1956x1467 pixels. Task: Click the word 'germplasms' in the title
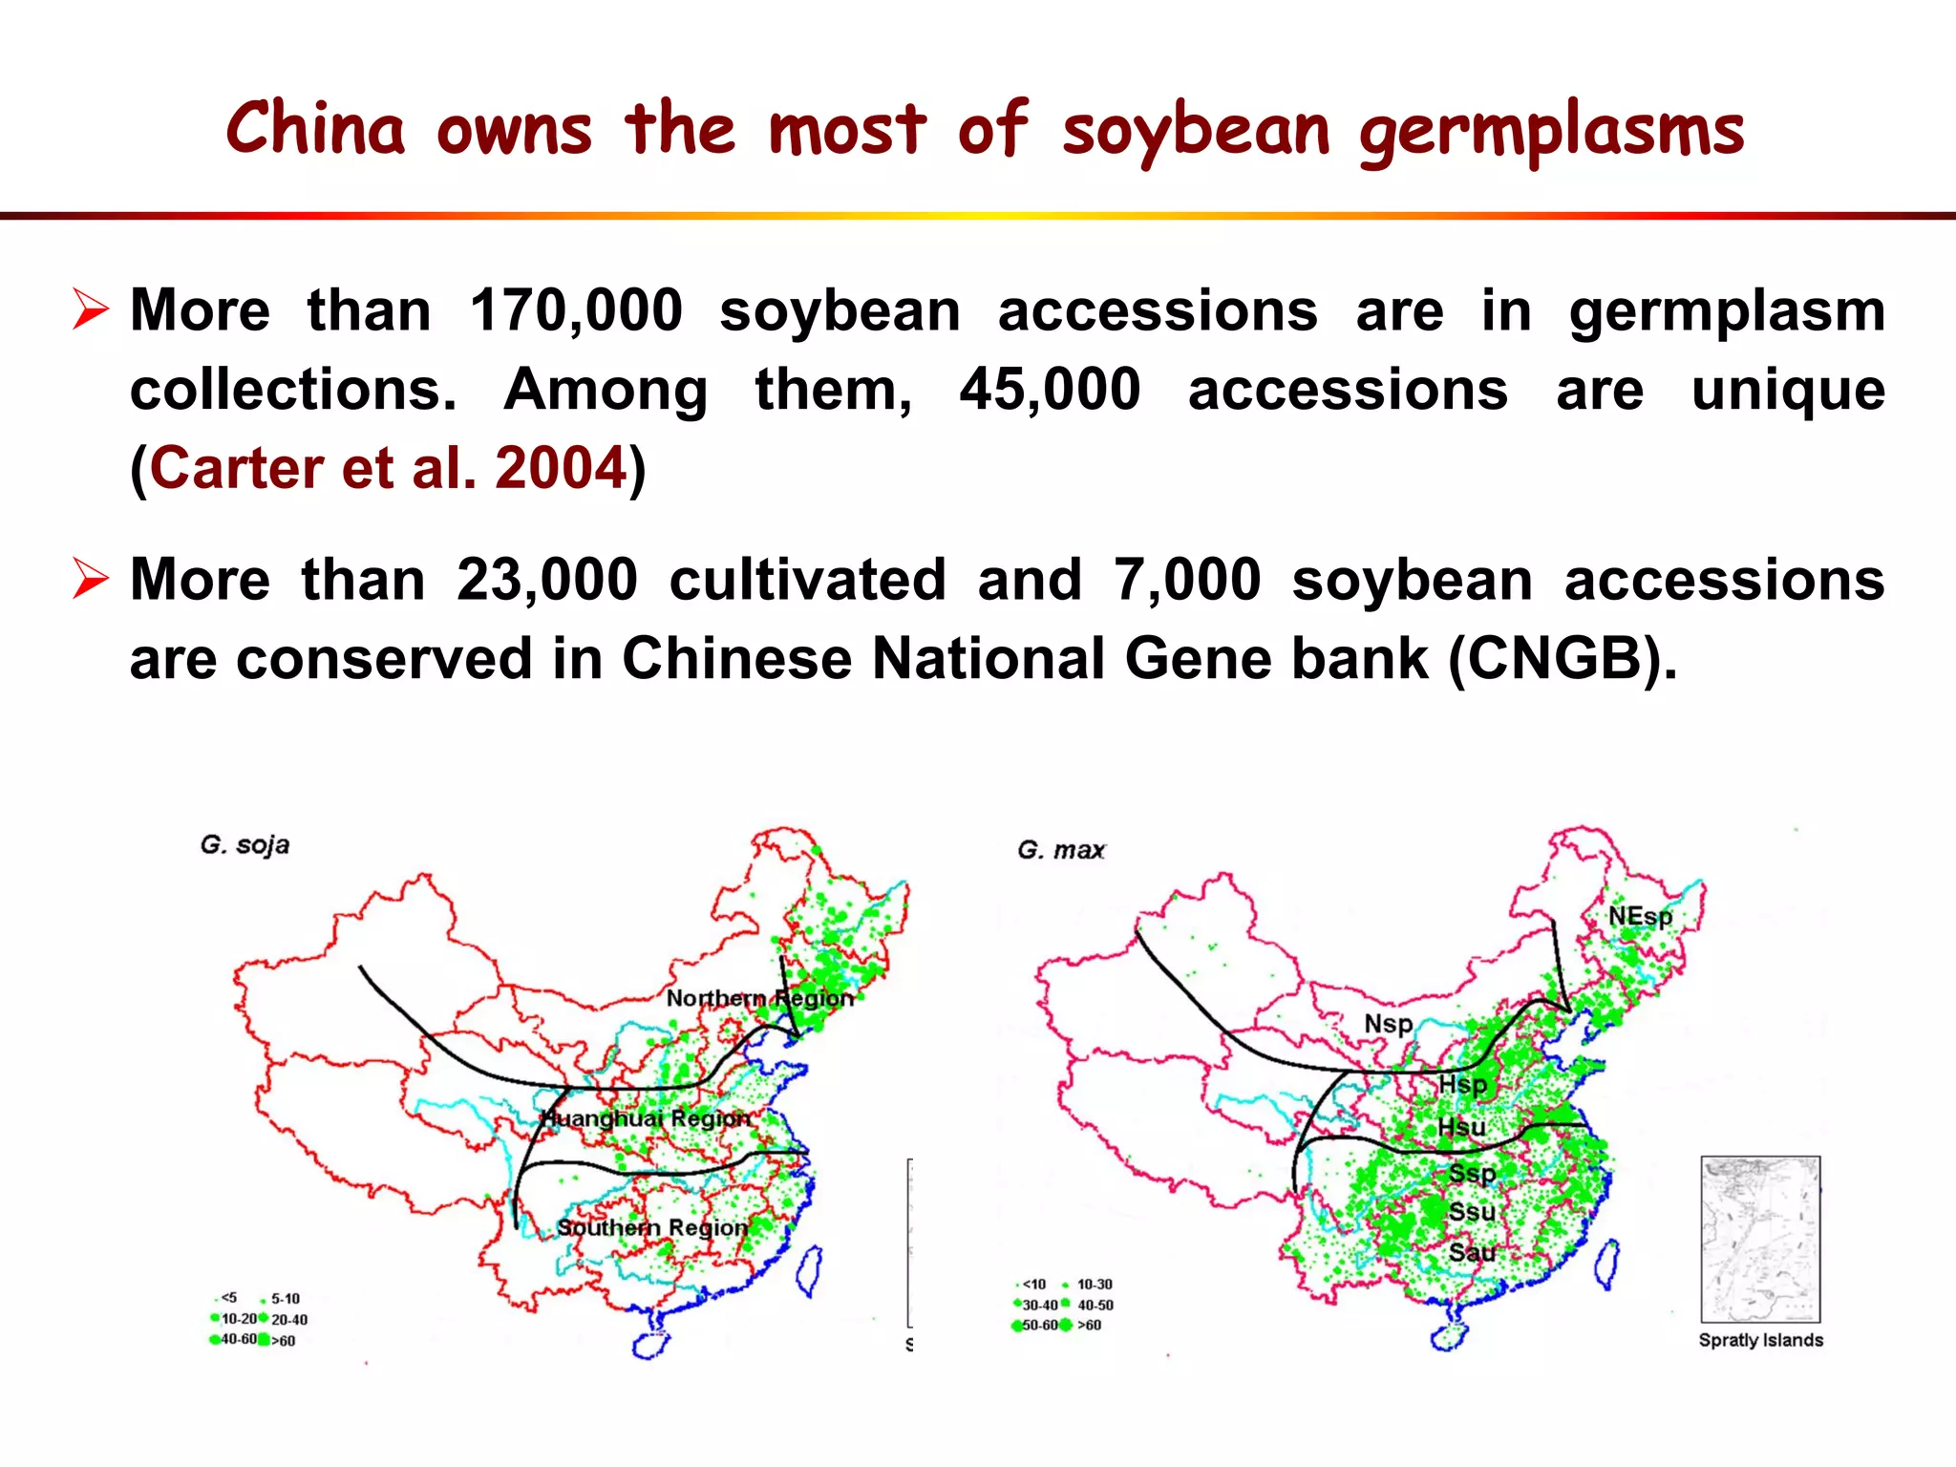[x=1551, y=132]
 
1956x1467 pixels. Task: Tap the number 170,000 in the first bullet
[x=576, y=311]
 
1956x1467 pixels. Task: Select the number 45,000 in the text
[x=1050, y=390]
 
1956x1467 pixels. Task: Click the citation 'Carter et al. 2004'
[x=388, y=468]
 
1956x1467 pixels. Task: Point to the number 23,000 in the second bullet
[x=546, y=580]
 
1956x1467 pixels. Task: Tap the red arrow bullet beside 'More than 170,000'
[x=91, y=311]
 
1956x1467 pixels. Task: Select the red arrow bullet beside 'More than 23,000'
[x=91, y=580]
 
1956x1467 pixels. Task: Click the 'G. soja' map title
[x=244, y=845]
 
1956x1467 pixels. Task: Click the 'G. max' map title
[x=1061, y=850]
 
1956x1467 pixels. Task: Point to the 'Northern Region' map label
[x=759, y=998]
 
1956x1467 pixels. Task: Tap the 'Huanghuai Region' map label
[x=646, y=1118]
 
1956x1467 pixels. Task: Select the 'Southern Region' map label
[x=652, y=1227]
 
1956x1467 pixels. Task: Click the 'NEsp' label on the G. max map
[x=1640, y=917]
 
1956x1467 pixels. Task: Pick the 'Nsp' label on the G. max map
[x=1388, y=1024]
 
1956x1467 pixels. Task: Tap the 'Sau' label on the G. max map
[x=1472, y=1252]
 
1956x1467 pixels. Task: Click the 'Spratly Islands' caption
[x=1760, y=1340]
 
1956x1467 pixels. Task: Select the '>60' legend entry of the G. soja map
[x=283, y=1341]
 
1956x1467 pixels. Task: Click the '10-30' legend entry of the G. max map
[x=1094, y=1285]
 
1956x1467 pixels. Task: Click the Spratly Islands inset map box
[x=1760, y=1239]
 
